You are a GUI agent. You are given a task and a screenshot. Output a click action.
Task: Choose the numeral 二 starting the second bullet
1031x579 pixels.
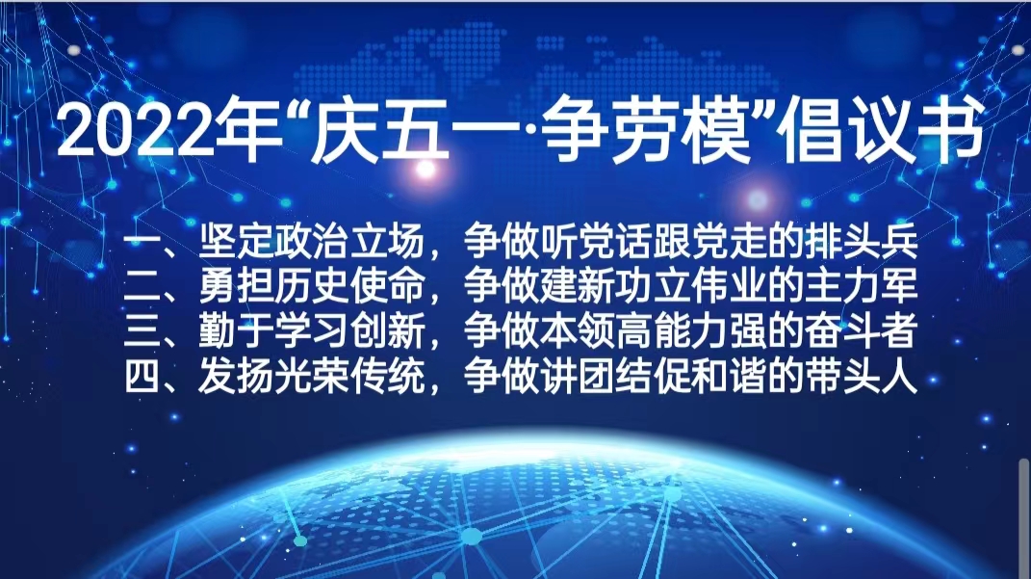click(x=142, y=287)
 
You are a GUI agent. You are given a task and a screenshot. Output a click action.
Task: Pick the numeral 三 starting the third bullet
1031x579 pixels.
click(x=142, y=331)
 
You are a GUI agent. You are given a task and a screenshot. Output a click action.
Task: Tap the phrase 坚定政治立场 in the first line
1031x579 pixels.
click(x=312, y=242)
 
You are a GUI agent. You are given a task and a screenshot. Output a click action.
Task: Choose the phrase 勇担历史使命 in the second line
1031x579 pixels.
click(x=312, y=287)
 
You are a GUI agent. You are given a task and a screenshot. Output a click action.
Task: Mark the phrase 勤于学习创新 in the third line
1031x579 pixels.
click(x=312, y=331)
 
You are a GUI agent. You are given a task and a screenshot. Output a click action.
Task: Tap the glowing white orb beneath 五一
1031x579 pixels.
click(x=426, y=170)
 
